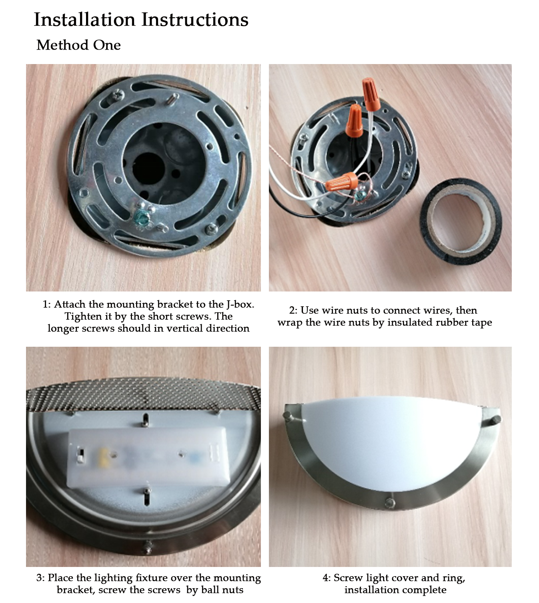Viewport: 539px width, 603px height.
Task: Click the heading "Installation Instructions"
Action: [141, 20]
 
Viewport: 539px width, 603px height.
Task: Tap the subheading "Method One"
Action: [78, 45]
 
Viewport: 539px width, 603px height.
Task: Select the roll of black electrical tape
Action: [460, 222]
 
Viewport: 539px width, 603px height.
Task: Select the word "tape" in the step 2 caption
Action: [481, 323]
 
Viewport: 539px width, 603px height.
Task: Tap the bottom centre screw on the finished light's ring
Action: [390, 503]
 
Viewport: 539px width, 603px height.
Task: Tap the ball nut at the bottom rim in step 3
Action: [148, 546]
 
